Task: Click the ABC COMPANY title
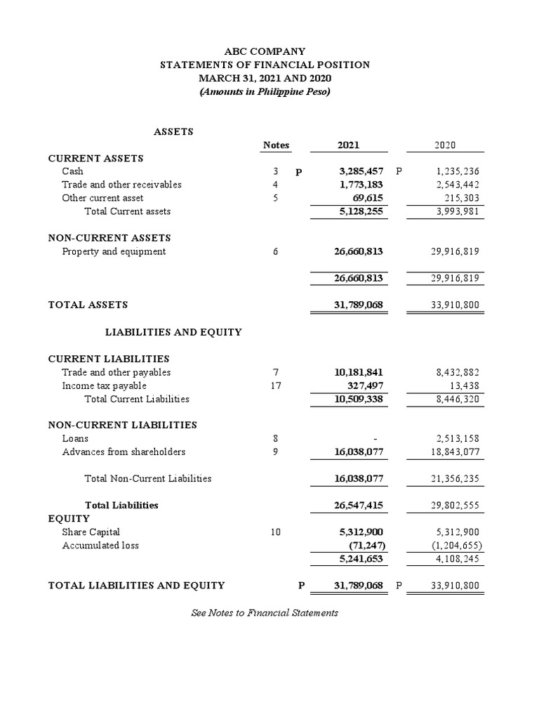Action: (265, 51)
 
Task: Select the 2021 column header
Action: (348, 145)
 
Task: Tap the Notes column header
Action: (276, 145)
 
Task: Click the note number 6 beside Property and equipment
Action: (276, 251)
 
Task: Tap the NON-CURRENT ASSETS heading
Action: (109, 238)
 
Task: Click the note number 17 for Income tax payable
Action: (276, 385)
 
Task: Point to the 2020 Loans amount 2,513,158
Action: (458, 439)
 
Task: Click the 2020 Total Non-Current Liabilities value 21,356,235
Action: (455, 479)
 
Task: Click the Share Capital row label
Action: (91, 532)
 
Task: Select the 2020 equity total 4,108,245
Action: (458, 559)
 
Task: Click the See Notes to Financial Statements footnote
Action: (265, 613)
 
